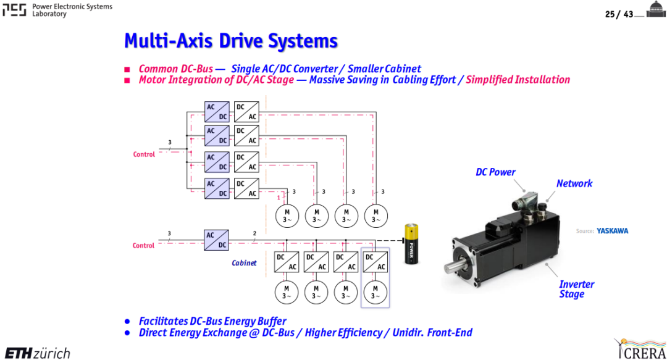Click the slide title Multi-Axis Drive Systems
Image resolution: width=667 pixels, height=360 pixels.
pyautogui.click(x=230, y=41)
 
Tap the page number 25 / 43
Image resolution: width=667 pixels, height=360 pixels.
pyautogui.click(x=619, y=14)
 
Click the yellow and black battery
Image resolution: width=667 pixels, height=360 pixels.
pyautogui.click(x=411, y=244)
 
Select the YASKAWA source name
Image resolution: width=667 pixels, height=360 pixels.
pyautogui.click(x=612, y=231)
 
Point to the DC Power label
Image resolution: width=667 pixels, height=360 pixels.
pyautogui.click(x=495, y=172)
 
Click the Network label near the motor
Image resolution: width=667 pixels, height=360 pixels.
pyautogui.click(x=574, y=183)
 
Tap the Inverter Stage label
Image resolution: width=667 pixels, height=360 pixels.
pyautogui.click(x=576, y=290)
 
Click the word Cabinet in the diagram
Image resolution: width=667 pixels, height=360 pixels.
pyautogui.click(x=244, y=263)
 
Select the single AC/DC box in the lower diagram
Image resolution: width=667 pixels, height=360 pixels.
pyautogui.click(x=216, y=240)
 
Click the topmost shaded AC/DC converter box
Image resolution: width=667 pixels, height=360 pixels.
pyautogui.click(x=217, y=112)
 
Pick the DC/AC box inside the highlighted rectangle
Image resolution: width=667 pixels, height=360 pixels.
pyautogui.click(x=375, y=262)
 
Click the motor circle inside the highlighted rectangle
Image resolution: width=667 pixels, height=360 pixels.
pyautogui.click(x=375, y=292)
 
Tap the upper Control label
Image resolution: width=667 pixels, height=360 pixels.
pyautogui.click(x=144, y=154)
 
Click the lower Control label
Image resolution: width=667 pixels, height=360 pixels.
pyautogui.click(x=143, y=246)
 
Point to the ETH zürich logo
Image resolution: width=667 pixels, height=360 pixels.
pyautogui.click(x=38, y=353)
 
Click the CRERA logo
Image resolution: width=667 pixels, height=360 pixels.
pyautogui.click(x=640, y=349)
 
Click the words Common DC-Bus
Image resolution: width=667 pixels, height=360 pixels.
pyautogui.click(x=175, y=69)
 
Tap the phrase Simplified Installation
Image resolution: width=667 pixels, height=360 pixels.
pyautogui.click(x=518, y=80)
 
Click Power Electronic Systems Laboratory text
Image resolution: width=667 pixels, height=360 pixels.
pyautogui.click(x=72, y=10)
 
